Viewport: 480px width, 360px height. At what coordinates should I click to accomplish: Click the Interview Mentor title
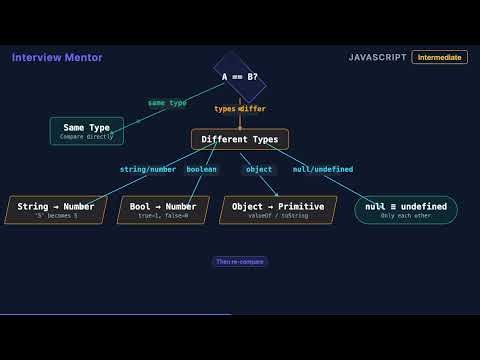pos(57,58)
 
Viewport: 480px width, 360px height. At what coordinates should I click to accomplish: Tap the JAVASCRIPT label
pos(377,58)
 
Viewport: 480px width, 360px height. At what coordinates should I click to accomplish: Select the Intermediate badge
pos(439,58)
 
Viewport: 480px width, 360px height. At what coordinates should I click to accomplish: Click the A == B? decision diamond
pos(239,76)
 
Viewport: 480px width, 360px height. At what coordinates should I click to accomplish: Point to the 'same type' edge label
pos(167,103)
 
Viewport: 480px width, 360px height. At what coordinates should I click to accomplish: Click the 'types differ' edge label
pos(239,109)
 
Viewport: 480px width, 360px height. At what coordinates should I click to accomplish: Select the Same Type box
pos(87,131)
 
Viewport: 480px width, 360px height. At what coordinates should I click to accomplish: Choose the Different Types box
pos(240,140)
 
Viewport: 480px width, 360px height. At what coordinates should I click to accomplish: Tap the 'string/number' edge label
pos(148,169)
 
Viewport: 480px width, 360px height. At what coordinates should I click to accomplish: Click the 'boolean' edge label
pos(201,169)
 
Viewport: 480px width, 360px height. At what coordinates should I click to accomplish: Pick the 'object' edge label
pos(259,169)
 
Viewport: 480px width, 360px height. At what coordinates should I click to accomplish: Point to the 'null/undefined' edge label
pos(322,169)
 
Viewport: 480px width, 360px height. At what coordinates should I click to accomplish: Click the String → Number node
pos(56,209)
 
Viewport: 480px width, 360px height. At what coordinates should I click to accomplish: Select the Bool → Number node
pos(163,209)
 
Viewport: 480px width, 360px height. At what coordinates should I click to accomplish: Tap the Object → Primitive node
pos(278,209)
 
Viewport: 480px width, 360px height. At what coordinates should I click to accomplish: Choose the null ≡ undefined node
pos(405,209)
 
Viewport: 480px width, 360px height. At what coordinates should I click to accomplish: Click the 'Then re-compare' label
pos(240,261)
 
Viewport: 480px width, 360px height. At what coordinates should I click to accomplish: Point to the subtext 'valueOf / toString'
pos(278,216)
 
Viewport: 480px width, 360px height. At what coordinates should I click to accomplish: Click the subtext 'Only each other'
pos(405,216)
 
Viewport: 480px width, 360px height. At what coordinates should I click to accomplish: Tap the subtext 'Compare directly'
pos(87,136)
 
